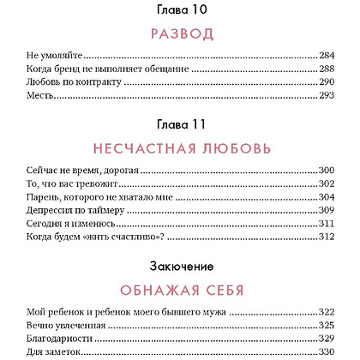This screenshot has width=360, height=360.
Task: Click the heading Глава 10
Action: [x=179, y=10]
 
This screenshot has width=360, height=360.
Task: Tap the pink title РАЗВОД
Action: [x=179, y=34]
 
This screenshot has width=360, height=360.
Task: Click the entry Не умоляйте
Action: [x=49, y=53]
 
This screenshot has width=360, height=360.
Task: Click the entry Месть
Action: [x=36, y=97]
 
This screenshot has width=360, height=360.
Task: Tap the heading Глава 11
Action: [x=179, y=124]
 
